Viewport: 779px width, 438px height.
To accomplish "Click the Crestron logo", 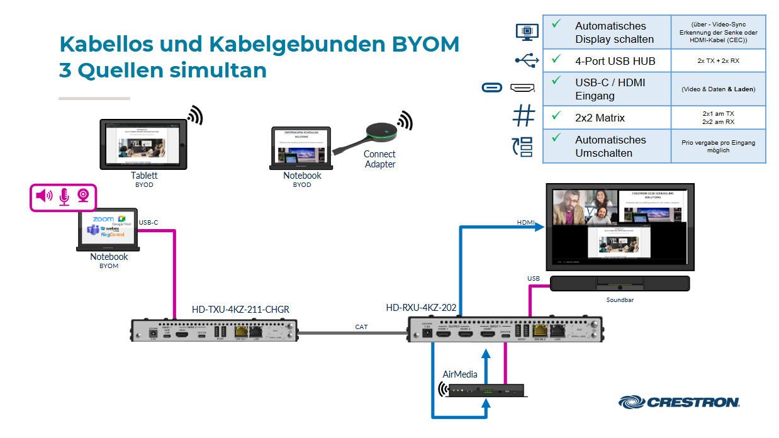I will [x=679, y=401].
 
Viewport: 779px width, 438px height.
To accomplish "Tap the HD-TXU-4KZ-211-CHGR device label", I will [x=240, y=310].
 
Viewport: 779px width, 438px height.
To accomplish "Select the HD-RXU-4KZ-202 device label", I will [x=421, y=308].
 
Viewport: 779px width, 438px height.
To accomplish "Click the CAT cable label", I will [x=361, y=327].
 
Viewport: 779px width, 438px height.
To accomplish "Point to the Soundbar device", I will [x=620, y=284].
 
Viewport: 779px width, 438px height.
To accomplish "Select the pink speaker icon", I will [x=44, y=196].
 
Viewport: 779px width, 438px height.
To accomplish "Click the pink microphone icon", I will [x=64, y=197].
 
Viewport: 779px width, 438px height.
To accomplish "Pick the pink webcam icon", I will [x=83, y=196].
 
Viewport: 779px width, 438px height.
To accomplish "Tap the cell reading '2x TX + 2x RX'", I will [x=718, y=61].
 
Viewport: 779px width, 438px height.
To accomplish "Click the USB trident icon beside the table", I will [x=526, y=60].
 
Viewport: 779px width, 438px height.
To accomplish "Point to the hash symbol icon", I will [x=524, y=116].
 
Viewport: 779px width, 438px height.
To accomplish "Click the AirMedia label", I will [x=460, y=374].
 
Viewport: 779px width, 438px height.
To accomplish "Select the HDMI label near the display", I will [x=525, y=223].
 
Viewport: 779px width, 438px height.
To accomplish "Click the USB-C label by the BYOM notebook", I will [x=149, y=222].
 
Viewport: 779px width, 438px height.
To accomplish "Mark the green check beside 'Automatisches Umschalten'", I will [x=556, y=137].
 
